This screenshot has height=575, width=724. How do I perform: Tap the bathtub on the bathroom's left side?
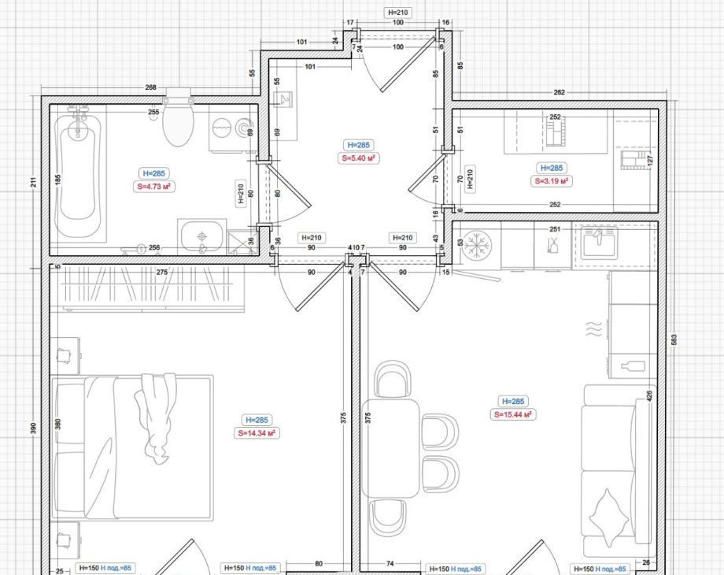click(x=78, y=174)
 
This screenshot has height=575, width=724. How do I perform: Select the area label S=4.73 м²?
click(x=154, y=187)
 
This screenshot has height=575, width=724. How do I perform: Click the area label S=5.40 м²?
click(x=358, y=158)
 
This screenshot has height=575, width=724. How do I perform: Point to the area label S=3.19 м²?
click(x=552, y=181)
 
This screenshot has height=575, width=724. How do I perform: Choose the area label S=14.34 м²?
click(x=257, y=433)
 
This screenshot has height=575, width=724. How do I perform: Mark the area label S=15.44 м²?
click(x=512, y=414)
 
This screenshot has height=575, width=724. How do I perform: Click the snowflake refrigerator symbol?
click(x=477, y=244)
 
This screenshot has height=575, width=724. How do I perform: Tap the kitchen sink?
click(x=599, y=242)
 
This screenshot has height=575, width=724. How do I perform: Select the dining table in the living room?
click(x=390, y=448)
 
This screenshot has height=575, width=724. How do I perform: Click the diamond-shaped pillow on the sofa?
click(x=609, y=518)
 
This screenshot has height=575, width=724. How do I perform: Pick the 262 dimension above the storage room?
click(x=559, y=92)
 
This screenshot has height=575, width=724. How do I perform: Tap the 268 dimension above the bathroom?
click(x=150, y=87)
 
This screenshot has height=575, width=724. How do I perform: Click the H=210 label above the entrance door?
click(x=397, y=13)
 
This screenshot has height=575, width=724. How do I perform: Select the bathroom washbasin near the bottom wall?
click(x=201, y=237)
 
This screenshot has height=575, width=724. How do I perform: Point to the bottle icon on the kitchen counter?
click(x=633, y=366)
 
